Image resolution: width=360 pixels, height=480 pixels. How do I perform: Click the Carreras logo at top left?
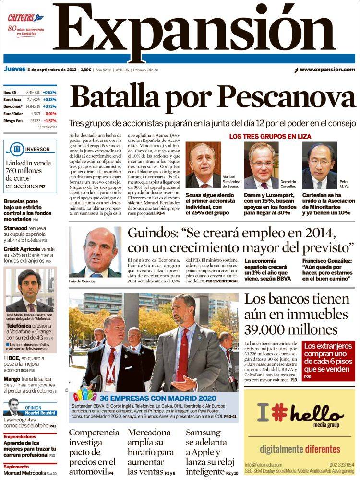25,18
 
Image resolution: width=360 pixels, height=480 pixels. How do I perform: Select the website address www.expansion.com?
327,70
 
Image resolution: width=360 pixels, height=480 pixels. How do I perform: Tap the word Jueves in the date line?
14,70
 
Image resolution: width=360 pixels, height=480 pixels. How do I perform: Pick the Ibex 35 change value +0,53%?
49,92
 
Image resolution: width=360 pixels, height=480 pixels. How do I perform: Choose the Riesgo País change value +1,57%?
49,121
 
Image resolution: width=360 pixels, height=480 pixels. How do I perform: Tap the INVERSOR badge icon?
18,150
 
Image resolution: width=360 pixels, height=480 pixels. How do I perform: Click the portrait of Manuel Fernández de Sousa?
203,165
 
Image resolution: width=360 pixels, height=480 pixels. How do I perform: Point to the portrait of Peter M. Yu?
319,165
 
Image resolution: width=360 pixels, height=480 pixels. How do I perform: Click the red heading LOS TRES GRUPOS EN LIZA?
270,137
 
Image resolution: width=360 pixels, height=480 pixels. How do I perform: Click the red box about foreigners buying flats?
329,361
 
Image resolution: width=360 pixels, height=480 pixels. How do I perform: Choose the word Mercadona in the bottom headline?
149,432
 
